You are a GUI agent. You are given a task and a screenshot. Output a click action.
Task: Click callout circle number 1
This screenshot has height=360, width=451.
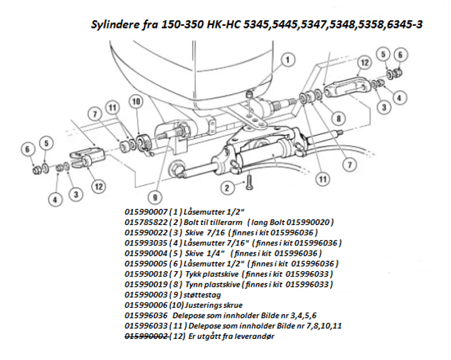tap(288, 60)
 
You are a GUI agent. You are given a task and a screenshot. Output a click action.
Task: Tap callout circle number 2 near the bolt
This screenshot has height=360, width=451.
tap(227, 188)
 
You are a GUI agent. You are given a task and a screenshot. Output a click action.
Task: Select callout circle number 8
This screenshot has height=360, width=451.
tap(338, 118)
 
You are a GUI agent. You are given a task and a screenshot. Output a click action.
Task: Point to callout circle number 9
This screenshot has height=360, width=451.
tap(155, 197)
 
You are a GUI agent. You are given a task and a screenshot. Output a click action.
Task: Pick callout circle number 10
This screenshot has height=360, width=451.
tap(136, 101)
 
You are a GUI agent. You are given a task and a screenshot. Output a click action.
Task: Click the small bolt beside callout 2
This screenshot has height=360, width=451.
tap(249, 182)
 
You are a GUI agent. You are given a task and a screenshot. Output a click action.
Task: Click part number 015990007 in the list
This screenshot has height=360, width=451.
tap(146, 212)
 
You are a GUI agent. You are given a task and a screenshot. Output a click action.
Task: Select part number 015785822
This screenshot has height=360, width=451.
tap(146, 222)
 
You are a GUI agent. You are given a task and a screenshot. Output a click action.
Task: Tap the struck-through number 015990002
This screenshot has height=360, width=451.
tap(146, 336)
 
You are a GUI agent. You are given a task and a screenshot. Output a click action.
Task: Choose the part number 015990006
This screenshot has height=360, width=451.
tap(146, 305)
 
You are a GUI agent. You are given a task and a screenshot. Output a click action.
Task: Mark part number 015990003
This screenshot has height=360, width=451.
tap(146, 295)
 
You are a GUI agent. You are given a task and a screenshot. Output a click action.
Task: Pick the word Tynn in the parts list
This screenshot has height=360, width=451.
tap(193, 285)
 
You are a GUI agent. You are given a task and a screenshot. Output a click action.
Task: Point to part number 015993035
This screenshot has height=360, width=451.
tap(146, 243)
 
